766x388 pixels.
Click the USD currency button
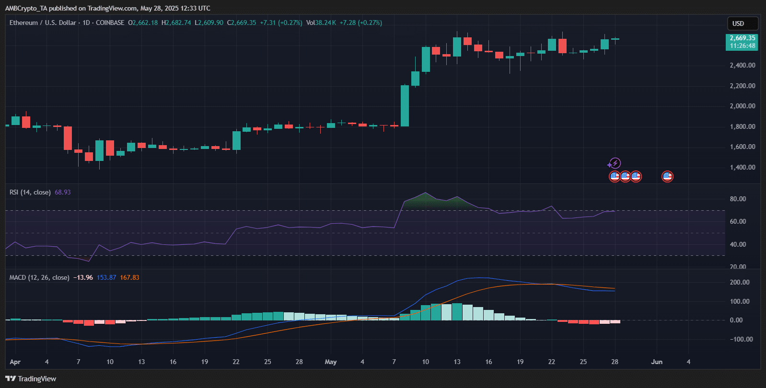[x=742, y=23]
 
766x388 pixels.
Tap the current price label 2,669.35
[x=742, y=38]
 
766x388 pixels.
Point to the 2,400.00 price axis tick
[x=742, y=65]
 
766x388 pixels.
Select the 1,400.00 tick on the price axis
[x=742, y=167]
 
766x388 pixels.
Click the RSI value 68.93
[x=62, y=192]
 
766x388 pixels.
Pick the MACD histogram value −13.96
[x=83, y=277]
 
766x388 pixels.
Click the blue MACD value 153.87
[x=106, y=277]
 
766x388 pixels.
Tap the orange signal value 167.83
[x=129, y=277]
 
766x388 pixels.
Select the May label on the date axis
[x=331, y=362]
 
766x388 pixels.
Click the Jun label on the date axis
[x=657, y=362]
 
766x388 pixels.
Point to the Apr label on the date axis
[x=15, y=362]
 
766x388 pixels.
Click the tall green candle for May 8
[x=405, y=106]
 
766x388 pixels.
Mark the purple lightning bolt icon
[x=615, y=163]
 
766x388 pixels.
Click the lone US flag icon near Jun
[x=667, y=177]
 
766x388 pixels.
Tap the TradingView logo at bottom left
[x=31, y=379]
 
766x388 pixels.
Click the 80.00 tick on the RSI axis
[x=738, y=199]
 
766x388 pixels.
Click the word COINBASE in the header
[x=110, y=23]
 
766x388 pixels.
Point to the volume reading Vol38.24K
[x=321, y=23]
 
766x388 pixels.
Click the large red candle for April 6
[x=68, y=138]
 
